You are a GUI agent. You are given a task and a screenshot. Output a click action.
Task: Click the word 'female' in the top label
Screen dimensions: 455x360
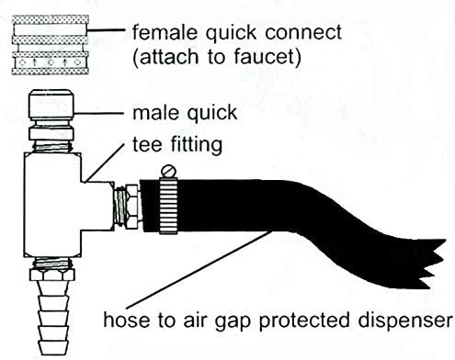(x=165, y=31)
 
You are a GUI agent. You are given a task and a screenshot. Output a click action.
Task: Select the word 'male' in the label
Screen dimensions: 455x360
(x=155, y=112)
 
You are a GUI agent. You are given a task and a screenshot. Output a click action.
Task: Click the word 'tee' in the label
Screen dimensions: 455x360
(x=147, y=144)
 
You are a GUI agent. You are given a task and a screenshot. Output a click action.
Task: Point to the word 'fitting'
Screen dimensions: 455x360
(x=196, y=145)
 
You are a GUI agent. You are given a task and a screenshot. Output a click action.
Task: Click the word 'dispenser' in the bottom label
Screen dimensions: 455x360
(x=405, y=321)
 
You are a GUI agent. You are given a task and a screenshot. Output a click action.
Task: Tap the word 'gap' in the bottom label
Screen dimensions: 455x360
(x=233, y=322)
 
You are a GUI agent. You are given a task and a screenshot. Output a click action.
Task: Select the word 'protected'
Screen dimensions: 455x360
(x=304, y=321)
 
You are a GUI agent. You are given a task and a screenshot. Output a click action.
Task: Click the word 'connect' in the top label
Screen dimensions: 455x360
(x=303, y=32)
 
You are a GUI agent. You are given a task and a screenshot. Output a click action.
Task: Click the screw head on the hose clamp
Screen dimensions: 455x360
(x=168, y=171)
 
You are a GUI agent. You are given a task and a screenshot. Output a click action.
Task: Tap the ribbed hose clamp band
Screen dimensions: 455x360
(x=168, y=206)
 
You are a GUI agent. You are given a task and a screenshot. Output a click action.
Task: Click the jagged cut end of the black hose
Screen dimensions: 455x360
(x=434, y=264)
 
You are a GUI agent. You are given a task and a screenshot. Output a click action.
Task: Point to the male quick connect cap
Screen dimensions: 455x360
(x=51, y=105)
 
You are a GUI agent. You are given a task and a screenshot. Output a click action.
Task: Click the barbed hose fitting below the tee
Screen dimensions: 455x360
(x=52, y=318)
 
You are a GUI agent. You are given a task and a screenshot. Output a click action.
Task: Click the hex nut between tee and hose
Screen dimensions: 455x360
(x=132, y=206)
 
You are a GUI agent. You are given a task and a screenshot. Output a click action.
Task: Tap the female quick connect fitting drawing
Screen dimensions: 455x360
(x=51, y=45)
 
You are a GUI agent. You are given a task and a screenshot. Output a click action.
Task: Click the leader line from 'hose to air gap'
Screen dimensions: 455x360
(x=199, y=270)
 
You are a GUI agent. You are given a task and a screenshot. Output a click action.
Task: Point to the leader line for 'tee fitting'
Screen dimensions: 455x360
(x=105, y=163)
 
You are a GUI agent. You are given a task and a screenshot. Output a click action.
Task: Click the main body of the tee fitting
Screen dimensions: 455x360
(x=52, y=205)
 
